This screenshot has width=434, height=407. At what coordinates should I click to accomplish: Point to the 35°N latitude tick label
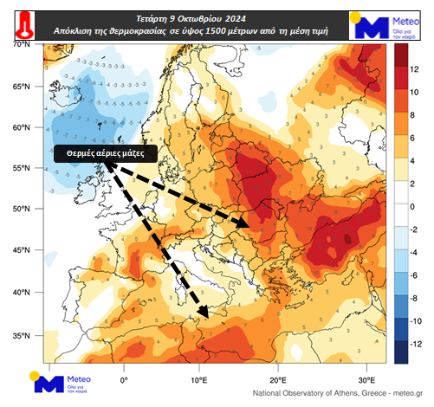click(20, 335)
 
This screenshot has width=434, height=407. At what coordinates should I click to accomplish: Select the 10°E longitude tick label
click(200, 379)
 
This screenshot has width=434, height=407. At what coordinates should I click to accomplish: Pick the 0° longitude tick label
click(124, 379)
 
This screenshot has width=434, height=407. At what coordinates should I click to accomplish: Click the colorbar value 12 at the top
click(414, 68)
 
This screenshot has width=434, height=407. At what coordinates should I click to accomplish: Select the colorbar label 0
click(413, 206)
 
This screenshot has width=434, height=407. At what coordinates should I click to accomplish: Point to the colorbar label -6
click(415, 275)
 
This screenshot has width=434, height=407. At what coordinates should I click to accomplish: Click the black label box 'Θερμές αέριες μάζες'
click(106, 152)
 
